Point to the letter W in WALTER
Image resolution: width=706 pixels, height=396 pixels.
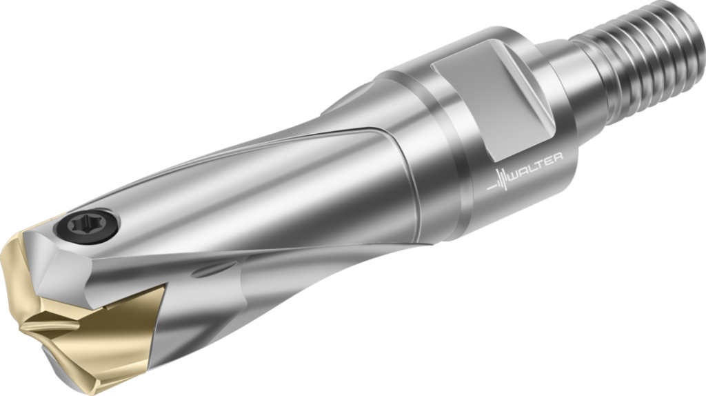[512, 175]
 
